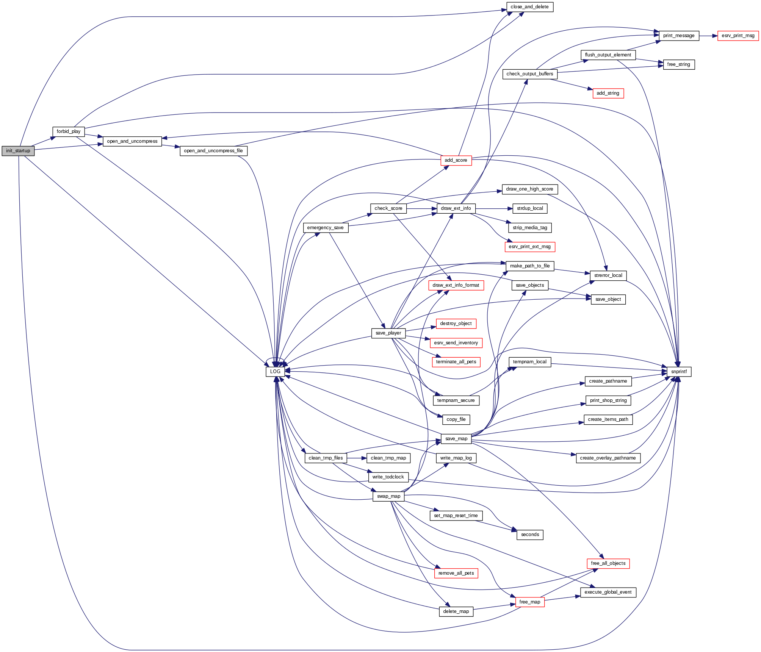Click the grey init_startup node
click(18, 151)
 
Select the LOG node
click(275, 372)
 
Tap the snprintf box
click(678, 372)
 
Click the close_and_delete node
click(529, 7)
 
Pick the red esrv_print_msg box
click(738, 36)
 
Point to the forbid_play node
click(68, 131)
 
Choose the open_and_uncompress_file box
click(213, 151)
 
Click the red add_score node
click(456, 160)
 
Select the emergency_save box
click(325, 228)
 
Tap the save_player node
click(388, 333)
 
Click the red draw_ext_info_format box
click(456, 285)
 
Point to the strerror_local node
click(608, 275)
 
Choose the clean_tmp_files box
click(326, 458)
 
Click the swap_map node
click(388, 496)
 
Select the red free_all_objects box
click(608, 563)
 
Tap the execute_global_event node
click(608, 592)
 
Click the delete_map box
click(456, 611)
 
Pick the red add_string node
click(608, 93)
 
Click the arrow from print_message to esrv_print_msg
click(708, 36)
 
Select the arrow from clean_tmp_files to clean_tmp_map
click(356, 458)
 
